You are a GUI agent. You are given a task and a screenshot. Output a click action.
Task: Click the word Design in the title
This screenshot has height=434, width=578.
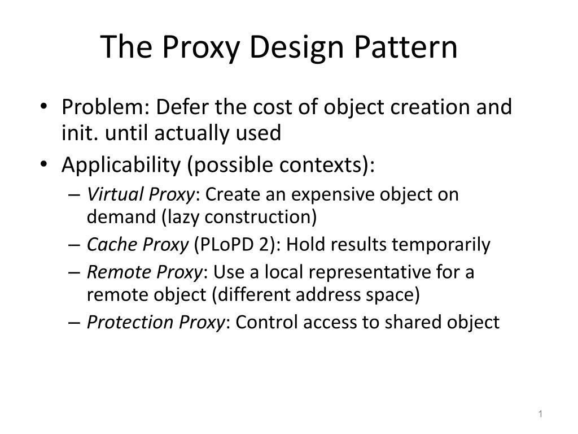(x=298, y=48)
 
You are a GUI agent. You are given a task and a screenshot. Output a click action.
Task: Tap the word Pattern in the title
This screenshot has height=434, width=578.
(x=406, y=48)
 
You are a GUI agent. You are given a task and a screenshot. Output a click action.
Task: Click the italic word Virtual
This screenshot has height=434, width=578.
(x=116, y=194)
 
